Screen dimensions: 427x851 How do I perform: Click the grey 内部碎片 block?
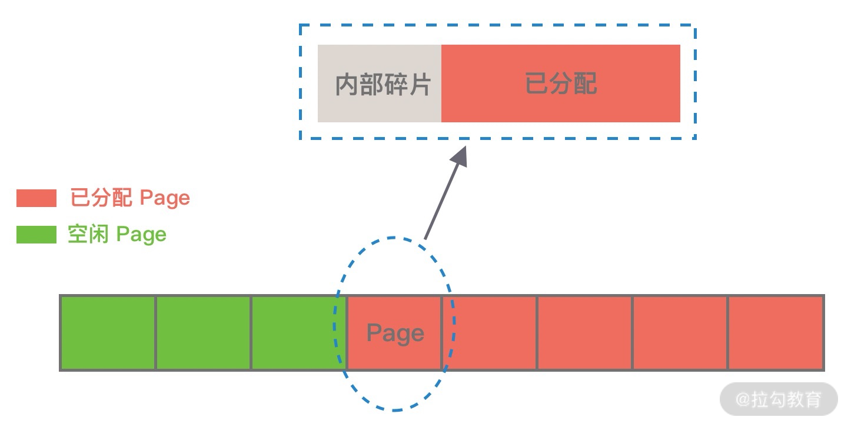pyautogui.click(x=380, y=84)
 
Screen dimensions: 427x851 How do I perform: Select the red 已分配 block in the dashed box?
pyautogui.click(x=560, y=84)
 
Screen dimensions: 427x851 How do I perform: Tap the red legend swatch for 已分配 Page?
pyautogui.click(x=36, y=198)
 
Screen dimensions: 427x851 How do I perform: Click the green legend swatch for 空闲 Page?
pyautogui.click(x=36, y=235)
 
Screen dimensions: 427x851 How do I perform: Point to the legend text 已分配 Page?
pyautogui.click(x=130, y=198)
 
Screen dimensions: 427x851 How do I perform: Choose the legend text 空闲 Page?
pyautogui.click(x=117, y=235)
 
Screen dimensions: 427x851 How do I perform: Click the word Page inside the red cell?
pyautogui.click(x=395, y=333)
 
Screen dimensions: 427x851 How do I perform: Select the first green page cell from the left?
pyautogui.click(x=108, y=333)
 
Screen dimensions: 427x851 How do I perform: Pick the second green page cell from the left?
pyautogui.click(x=203, y=333)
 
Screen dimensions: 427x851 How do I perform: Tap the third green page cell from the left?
pyautogui.click(x=297, y=333)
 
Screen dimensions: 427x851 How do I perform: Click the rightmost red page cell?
pyautogui.click(x=775, y=333)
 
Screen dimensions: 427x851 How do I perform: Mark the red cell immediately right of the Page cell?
pyautogui.click(x=490, y=333)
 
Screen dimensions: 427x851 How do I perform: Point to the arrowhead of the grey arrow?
pyautogui.click(x=460, y=155)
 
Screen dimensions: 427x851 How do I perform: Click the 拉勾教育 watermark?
pyautogui.click(x=778, y=400)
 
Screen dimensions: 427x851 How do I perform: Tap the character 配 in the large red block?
pyautogui.click(x=585, y=84)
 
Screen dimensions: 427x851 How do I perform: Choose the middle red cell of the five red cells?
pyautogui.click(x=584, y=333)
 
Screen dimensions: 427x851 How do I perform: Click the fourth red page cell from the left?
pyautogui.click(x=680, y=333)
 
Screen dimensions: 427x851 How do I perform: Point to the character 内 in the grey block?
pyautogui.click(x=347, y=85)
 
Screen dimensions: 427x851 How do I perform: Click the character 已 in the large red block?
pyautogui.click(x=536, y=84)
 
